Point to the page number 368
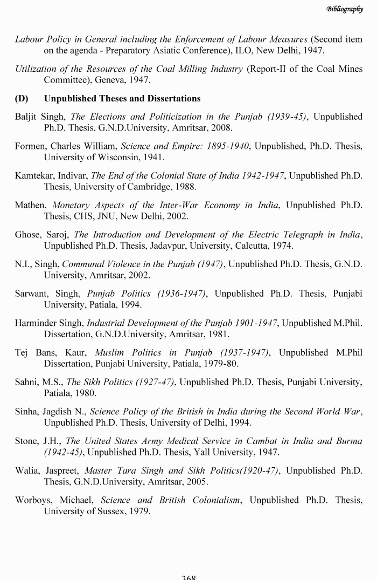tap(188, 577)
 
